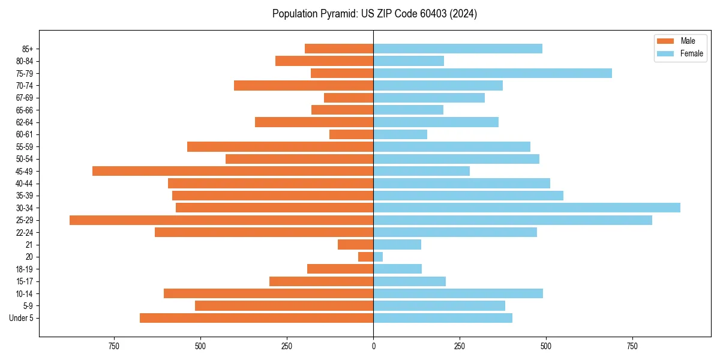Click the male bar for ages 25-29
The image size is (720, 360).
pos(221,220)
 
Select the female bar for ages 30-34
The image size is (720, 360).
pos(527,208)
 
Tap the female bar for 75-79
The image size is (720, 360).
pos(493,73)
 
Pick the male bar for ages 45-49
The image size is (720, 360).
pos(233,171)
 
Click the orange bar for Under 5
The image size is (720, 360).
pos(257,318)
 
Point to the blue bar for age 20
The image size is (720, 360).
pos(378,257)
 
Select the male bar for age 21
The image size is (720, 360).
pos(356,245)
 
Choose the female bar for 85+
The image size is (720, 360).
pos(458,49)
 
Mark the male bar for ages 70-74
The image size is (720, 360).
pos(304,85)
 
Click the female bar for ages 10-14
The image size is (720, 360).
pos(458,293)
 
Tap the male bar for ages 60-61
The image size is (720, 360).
pos(352,134)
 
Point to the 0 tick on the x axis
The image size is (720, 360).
pos(373,346)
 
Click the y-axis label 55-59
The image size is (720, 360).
pos(25,147)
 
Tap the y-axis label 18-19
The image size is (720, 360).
pos(25,269)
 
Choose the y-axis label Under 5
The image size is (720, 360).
pos(22,318)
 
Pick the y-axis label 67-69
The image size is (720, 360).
pos(25,98)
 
